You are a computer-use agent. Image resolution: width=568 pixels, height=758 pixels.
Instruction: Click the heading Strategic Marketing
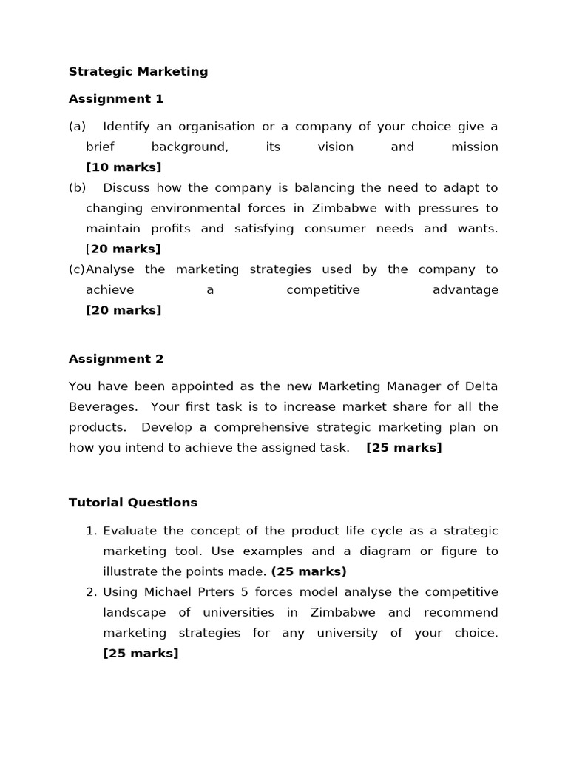(138, 72)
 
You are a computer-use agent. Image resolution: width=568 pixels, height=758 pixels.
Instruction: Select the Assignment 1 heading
(116, 99)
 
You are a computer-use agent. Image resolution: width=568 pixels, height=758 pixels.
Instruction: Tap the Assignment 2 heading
(116, 359)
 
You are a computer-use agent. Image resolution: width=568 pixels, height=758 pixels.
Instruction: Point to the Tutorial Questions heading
(133, 503)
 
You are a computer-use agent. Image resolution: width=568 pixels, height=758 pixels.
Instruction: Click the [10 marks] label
(124, 167)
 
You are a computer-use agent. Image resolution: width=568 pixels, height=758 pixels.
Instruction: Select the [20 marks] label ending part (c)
(124, 310)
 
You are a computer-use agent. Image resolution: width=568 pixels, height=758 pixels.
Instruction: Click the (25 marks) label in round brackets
(308, 571)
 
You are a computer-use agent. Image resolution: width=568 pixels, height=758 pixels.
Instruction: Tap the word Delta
(481, 386)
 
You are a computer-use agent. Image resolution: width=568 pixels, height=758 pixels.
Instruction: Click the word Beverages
(103, 407)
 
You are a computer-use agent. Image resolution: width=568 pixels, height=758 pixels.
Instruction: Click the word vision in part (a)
(336, 147)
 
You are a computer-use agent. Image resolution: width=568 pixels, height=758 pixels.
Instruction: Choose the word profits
(173, 229)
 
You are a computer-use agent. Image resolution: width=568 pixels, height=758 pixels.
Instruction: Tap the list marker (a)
(77, 127)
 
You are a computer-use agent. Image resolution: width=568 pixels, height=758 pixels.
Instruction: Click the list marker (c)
(77, 269)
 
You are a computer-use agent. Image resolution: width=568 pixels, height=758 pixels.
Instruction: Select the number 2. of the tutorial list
(92, 592)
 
